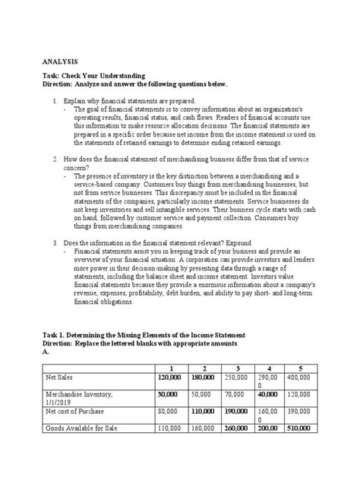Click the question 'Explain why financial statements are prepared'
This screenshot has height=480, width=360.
(x=129, y=101)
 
